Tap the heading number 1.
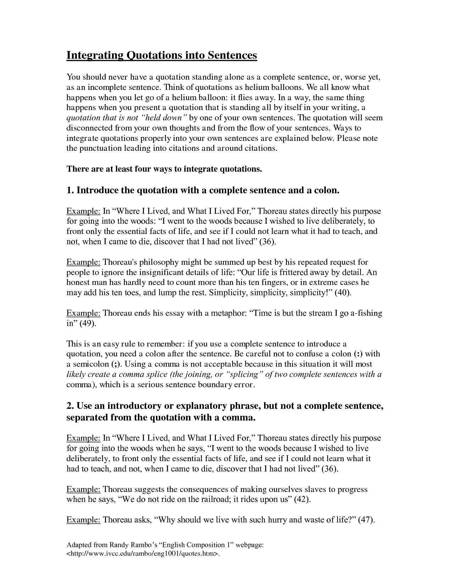pyautogui.click(x=70, y=190)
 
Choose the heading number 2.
pyautogui.click(x=70, y=406)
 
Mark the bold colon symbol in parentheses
pyautogui.click(x=358, y=354)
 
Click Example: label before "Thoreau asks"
pyautogui.click(x=83, y=520)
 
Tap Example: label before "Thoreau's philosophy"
pyautogui.click(x=83, y=262)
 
